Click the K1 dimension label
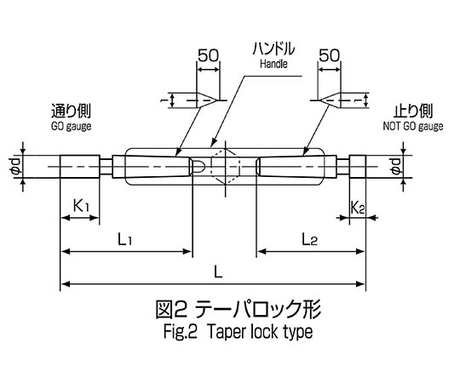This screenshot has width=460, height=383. (x=81, y=205)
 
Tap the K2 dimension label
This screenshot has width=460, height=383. (x=358, y=208)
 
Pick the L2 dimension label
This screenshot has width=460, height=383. (x=309, y=239)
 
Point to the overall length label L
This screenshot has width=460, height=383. (x=218, y=272)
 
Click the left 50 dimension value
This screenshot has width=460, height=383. (x=209, y=55)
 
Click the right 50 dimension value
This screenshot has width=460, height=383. (x=330, y=55)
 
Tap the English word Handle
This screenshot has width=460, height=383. (x=273, y=64)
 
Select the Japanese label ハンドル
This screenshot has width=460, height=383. (x=273, y=49)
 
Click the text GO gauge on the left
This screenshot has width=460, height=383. (x=71, y=127)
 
